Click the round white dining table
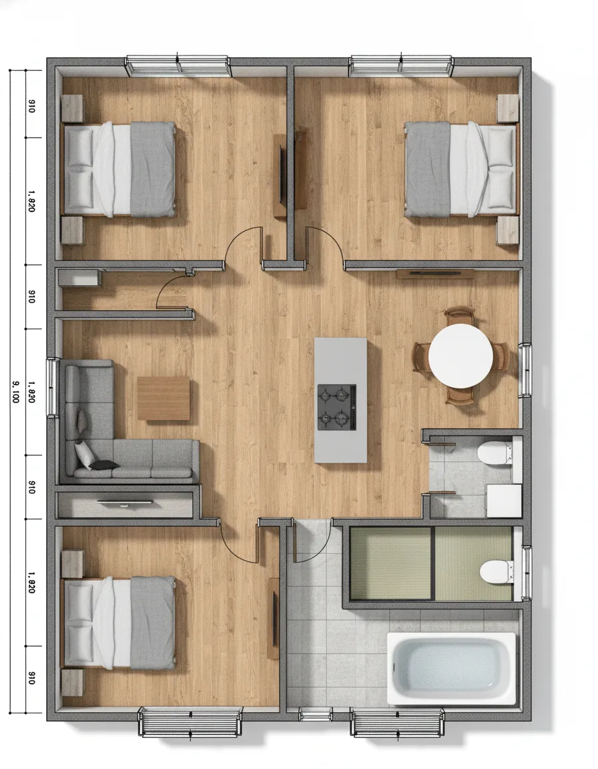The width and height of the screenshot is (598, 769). point(461,354)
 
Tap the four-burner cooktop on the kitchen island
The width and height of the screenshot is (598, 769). point(337,407)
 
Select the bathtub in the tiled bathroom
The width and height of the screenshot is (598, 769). point(452,669)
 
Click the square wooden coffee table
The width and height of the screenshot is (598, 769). point(164,399)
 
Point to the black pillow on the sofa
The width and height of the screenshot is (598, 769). point(104,465)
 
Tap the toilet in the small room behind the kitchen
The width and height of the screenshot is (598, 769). point(495,453)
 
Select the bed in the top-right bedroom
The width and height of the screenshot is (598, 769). point(461,169)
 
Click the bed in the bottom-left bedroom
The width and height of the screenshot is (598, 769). point(118,623)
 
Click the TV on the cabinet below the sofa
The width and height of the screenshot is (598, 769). point(125,502)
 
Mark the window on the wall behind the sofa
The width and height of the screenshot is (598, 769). point(52,388)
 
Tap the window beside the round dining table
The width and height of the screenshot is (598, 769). point(525,370)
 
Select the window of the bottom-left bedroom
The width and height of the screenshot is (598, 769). point(190,722)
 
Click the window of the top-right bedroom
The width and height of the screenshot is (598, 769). point(401,67)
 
